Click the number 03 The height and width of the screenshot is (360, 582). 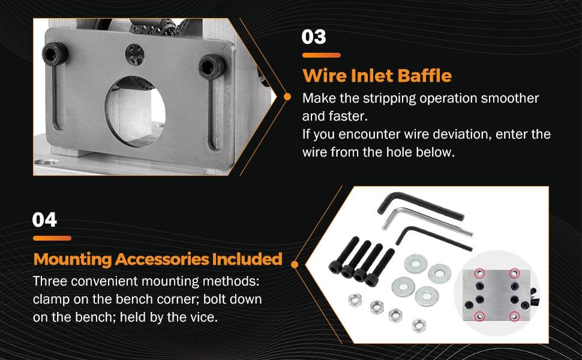[314, 37]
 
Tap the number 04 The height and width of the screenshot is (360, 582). [45, 220]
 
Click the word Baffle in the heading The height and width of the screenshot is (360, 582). [423, 76]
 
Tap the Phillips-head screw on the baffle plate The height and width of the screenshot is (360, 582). [134, 55]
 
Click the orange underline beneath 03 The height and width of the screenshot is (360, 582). [321, 55]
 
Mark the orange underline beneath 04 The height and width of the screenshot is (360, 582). [52, 238]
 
